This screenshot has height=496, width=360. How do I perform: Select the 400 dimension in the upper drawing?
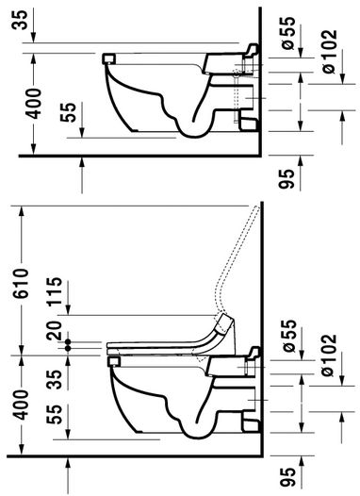tap(34, 104)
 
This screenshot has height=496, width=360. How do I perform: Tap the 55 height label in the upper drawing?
tap(68, 112)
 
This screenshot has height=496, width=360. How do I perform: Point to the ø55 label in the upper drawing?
tap(287, 33)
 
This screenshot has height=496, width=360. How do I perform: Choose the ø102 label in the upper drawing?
tap(329, 51)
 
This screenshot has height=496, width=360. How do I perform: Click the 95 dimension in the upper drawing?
tap(286, 179)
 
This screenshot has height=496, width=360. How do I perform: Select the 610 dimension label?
tap(22, 283)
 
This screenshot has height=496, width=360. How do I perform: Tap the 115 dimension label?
tap(55, 290)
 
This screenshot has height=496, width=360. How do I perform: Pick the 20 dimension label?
tap(55, 331)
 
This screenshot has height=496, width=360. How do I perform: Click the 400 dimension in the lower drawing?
tap(22, 405)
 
